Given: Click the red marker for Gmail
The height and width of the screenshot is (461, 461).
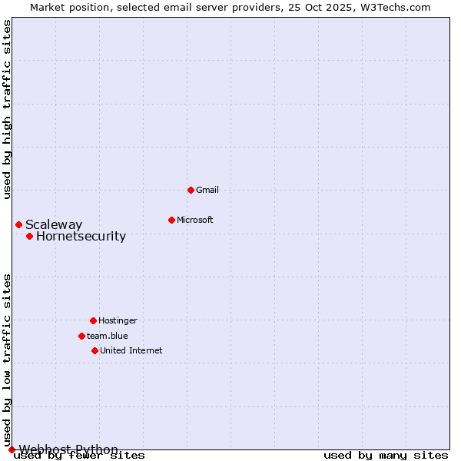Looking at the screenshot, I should click(x=191, y=190).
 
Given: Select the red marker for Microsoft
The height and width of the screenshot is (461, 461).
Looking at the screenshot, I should click(x=171, y=220).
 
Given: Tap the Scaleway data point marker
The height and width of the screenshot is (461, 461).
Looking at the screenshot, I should click(x=18, y=224).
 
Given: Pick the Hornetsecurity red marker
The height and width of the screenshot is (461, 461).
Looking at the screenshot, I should click(x=29, y=236).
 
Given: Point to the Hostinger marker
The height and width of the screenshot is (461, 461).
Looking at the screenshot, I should click(x=93, y=320).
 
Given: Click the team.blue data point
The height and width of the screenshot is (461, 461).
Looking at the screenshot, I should click(x=81, y=336).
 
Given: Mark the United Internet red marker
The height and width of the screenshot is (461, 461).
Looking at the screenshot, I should click(x=95, y=350).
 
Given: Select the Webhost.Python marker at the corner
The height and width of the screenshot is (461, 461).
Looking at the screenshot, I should click(x=12, y=449).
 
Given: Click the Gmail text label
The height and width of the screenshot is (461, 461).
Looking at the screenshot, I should click(x=207, y=190).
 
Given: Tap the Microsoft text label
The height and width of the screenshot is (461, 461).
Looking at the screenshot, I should click(x=194, y=220).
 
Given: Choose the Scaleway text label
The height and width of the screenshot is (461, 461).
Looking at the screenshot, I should click(x=54, y=224).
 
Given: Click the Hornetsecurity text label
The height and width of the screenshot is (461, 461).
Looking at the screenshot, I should click(x=81, y=236).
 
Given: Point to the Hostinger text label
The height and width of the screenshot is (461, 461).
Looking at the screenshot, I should click(x=118, y=320).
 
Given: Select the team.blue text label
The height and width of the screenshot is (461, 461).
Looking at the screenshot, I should click(x=107, y=336).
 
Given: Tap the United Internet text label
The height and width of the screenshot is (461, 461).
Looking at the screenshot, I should click(x=131, y=350).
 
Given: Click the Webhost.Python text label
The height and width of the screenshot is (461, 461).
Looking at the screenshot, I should click(x=68, y=449).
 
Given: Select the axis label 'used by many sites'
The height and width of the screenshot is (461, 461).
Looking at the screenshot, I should click(x=386, y=456).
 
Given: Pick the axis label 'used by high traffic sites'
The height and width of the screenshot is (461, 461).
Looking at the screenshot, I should click(x=7, y=109).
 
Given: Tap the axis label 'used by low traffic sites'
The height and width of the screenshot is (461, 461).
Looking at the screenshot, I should click(x=7, y=360).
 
